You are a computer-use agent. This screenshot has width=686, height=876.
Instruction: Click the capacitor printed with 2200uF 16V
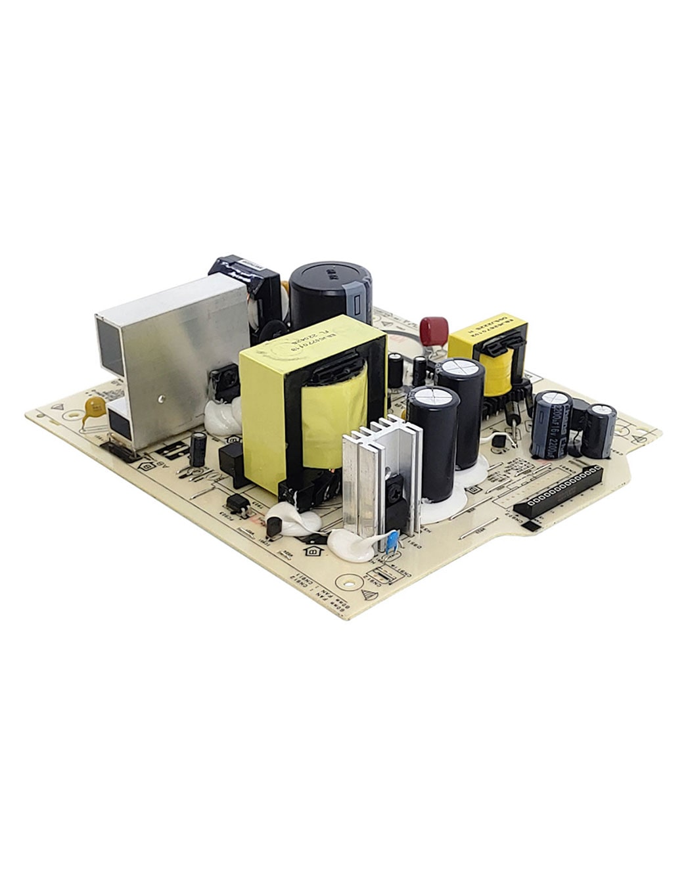pos(551,424)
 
